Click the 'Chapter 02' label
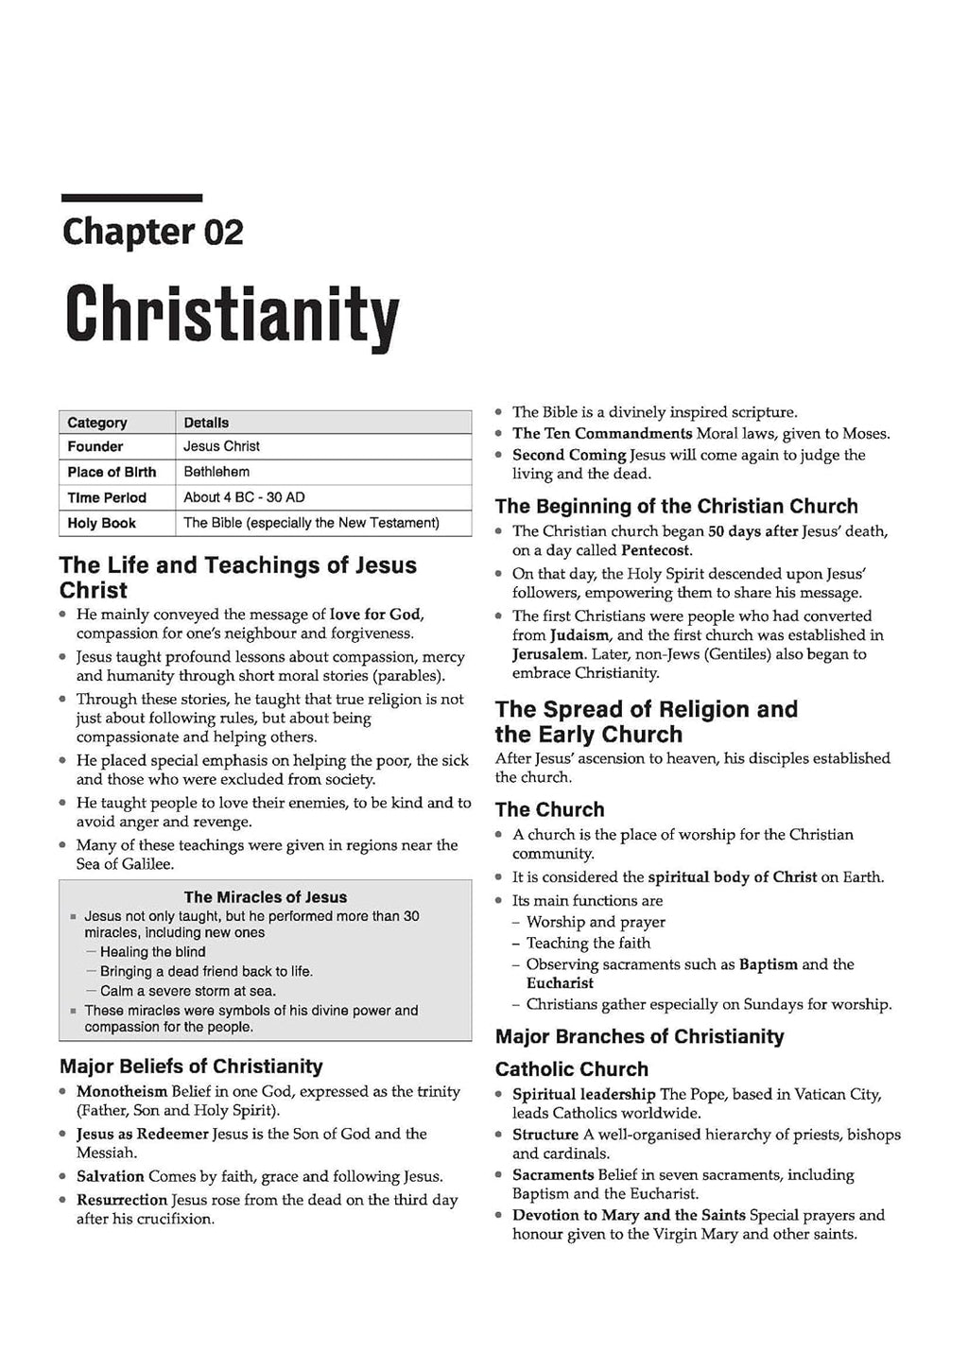(152, 232)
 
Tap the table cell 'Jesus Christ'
(221, 446)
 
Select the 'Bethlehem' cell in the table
(216, 472)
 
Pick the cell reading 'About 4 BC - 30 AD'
(244, 497)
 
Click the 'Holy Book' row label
(101, 523)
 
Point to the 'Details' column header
(206, 423)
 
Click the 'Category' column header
(96, 423)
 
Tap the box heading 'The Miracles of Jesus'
(265, 897)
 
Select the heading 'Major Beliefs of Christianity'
(191, 1067)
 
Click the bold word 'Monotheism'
(122, 1091)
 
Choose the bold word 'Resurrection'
(122, 1200)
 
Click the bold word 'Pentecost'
(656, 550)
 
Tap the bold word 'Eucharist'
(560, 983)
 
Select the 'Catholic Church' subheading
(572, 1069)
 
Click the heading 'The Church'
(549, 809)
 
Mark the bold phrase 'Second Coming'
(569, 455)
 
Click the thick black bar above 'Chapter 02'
(131, 198)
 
